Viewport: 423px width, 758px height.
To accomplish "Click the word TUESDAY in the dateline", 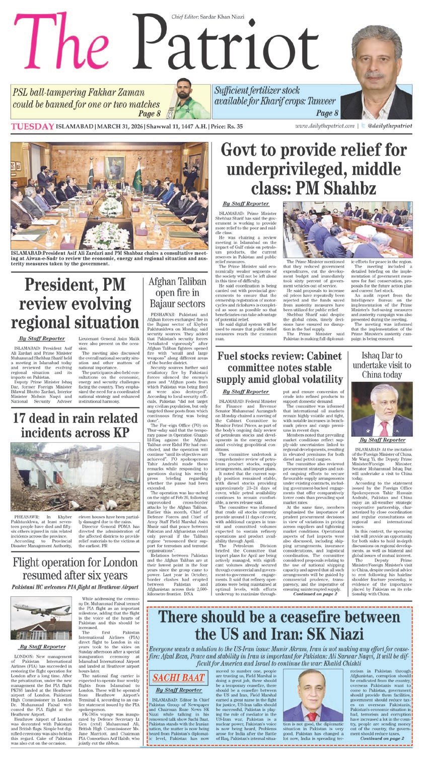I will (x=32, y=126).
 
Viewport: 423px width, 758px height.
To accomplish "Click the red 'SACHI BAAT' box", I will (x=175, y=674).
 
